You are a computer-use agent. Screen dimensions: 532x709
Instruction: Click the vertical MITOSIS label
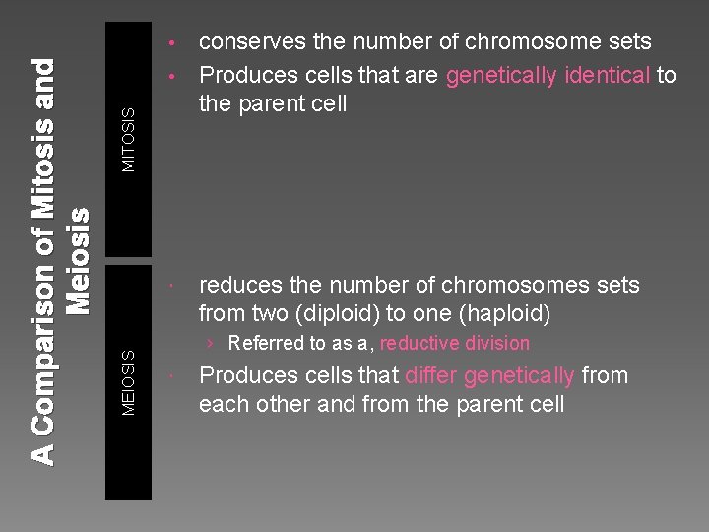pyautogui.click(x=129, y=140)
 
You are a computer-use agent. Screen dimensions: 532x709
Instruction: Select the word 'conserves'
pyautogui.click(x=246, y=41)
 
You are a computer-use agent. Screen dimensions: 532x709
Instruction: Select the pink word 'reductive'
pyautogui.click(x=419, y=344)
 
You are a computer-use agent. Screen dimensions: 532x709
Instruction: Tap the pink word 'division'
pyautogui.click(x=496, y=344)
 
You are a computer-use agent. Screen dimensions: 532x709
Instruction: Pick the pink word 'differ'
pyautogui.click(x=430, y=375)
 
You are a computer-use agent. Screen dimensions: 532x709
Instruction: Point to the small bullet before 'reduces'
pyautogui.click(x=171, y=287)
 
